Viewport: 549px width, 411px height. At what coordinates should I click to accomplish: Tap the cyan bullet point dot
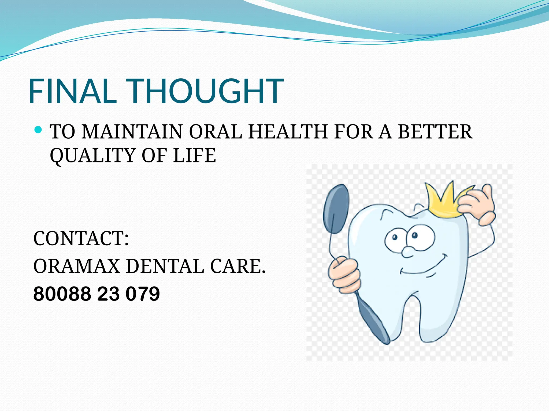[x=39, y=130]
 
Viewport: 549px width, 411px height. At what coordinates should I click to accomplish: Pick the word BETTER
[x=435, y=132]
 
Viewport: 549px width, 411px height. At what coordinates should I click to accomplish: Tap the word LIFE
[x=194, y=155]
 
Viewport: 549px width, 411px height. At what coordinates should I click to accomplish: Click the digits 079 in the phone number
[x=143, y=294]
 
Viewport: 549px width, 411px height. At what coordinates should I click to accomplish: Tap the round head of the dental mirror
[x=336, y=209]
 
